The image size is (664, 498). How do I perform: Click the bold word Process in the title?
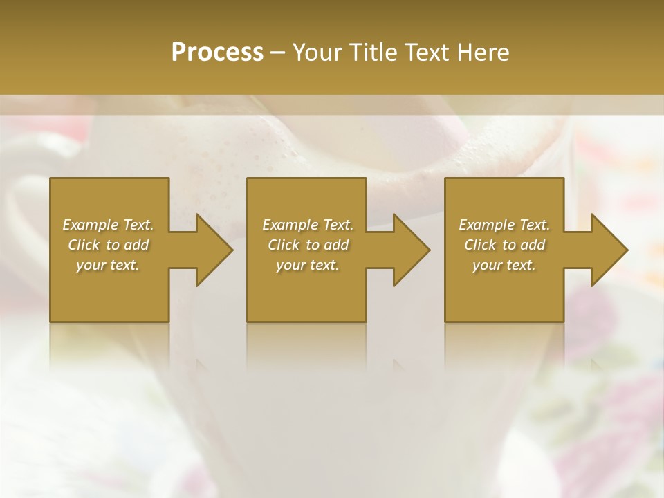point(217,52)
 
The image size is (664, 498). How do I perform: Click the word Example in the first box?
point(91,225)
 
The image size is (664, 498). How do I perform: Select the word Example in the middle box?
point(290,225)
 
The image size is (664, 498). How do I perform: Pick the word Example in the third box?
point(487,225)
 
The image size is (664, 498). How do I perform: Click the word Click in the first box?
point(84,245)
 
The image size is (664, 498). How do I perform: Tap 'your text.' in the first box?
point(108,265)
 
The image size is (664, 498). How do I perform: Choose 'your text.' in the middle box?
point(307,265)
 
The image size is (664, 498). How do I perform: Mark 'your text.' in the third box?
point(504,265)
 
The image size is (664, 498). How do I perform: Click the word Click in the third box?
point(480,245)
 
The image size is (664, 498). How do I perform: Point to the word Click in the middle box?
point(284,245)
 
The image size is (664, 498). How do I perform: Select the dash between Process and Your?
point(277,52)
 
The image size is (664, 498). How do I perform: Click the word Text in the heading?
point(425,52)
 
